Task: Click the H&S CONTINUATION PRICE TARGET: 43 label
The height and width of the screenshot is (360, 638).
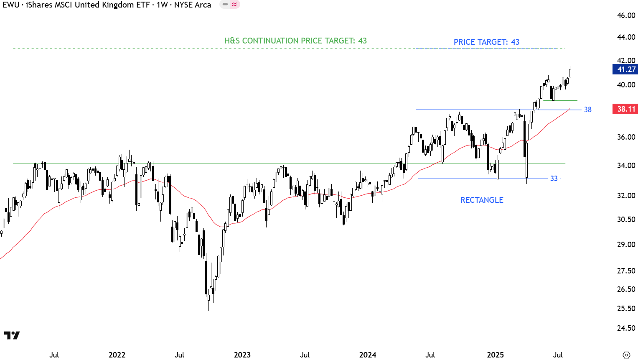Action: click(x=295, y=41)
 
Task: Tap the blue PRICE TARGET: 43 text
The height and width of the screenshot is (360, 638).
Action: click(x=486, y=42)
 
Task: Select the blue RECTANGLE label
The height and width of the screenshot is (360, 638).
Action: click(x=482, y=200)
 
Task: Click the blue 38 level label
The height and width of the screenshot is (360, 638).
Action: click(x=587, y=110)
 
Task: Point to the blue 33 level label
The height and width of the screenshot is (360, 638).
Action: click(x=554, y=179)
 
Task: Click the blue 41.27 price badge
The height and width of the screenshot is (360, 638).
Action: click(x=625, y=69)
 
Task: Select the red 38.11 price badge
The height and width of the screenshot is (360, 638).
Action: click(x=625, y=109)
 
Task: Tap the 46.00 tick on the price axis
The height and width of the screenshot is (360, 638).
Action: click(x=626, y=15)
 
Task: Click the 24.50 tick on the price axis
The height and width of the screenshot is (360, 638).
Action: click(x=626, y=328)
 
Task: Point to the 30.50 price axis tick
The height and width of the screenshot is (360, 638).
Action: click(x=626, y=220)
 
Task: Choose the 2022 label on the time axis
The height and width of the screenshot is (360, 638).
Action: click(x=117, y=355)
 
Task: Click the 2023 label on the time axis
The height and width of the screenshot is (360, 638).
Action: click(x=242, y=355)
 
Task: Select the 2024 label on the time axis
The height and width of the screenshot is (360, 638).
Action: click(x=368, y=355)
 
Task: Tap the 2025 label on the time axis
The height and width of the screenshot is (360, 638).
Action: click(x=496, y=355)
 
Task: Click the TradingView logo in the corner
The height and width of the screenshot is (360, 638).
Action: click(x=12, y=335)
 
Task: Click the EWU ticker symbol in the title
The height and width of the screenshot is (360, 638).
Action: click(x=11, y=5)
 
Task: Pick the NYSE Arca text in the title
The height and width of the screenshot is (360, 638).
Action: click(x=193, y=5)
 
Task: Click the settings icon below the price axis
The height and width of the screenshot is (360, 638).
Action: click(x=626, y=355)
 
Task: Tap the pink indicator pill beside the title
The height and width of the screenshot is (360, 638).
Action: click(x=230, y=5)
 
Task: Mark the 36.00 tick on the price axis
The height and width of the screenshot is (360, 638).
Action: click(x=626, y=137)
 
